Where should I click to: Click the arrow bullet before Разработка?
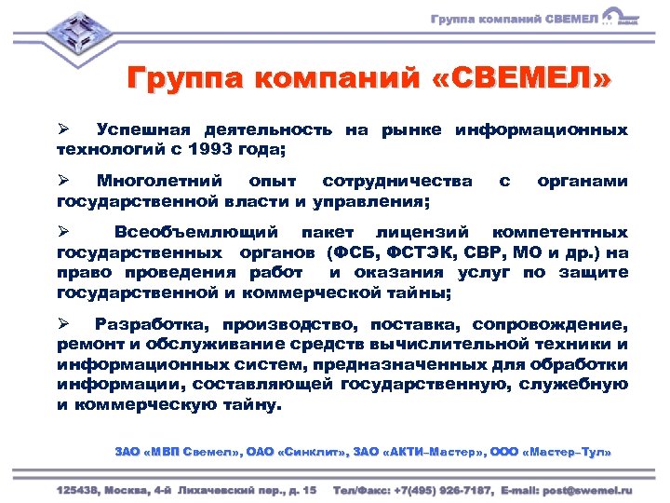pyautogui.click(x=63, y=325)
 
